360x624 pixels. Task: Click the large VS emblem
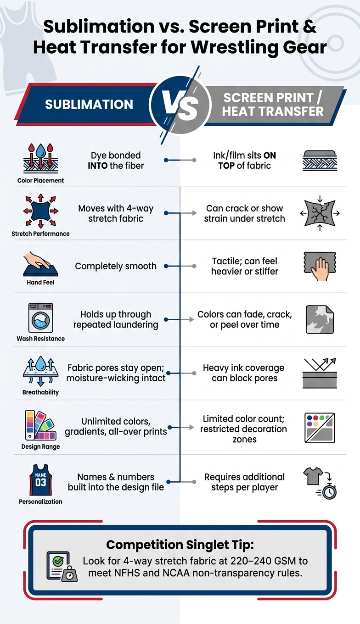[x=180, y=106]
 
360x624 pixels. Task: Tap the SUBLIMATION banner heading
[x=89, y=105]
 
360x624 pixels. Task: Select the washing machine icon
[x=41, y=318]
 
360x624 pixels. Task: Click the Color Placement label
[x=41, y=180]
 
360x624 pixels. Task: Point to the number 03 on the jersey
[x=41, y=482]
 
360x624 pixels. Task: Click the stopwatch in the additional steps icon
[x=329, y=492]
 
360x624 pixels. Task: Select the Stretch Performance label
[x=41, y=234]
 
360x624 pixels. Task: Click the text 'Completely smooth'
[x=116, y=266]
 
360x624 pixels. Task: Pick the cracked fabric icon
[x=320, y=213]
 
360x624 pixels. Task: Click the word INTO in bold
[x=98, y=166]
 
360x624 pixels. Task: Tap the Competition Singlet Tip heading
[x=180, y=544]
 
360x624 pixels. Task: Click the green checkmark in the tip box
[x=58, y=561]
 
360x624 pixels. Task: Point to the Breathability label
[x=41, y=392]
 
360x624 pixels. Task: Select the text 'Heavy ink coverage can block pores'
[x=244, y=373]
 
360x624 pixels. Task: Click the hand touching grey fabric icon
[x=320, y=266]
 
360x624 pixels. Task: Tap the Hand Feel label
[x=41, y=282]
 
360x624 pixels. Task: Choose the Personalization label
[x=41, y=501]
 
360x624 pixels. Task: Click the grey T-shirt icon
[x=313, y=476]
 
